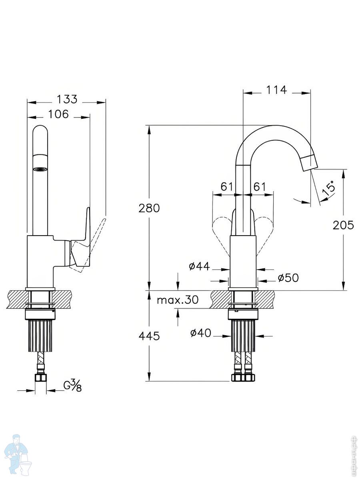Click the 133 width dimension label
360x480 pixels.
point(67,99)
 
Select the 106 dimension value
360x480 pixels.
point(58,114)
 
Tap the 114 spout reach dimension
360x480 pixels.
point(277,90)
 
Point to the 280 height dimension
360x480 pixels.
point(149,208)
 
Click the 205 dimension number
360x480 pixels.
point(343,225)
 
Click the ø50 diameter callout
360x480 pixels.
point(288,278)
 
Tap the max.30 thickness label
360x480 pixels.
point(177,300)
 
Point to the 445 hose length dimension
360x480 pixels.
point(149,336)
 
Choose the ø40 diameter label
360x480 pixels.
point(200,333)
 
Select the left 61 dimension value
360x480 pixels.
point(226,186)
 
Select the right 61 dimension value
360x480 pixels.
point(260,186)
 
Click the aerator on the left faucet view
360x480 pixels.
point(40,169)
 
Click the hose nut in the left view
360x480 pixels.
point(40,378)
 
